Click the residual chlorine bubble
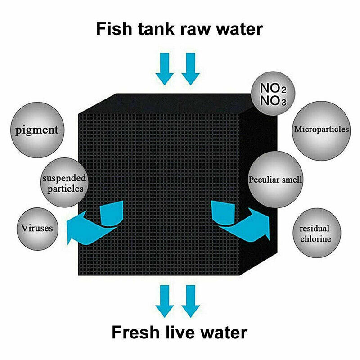point(316,233)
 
